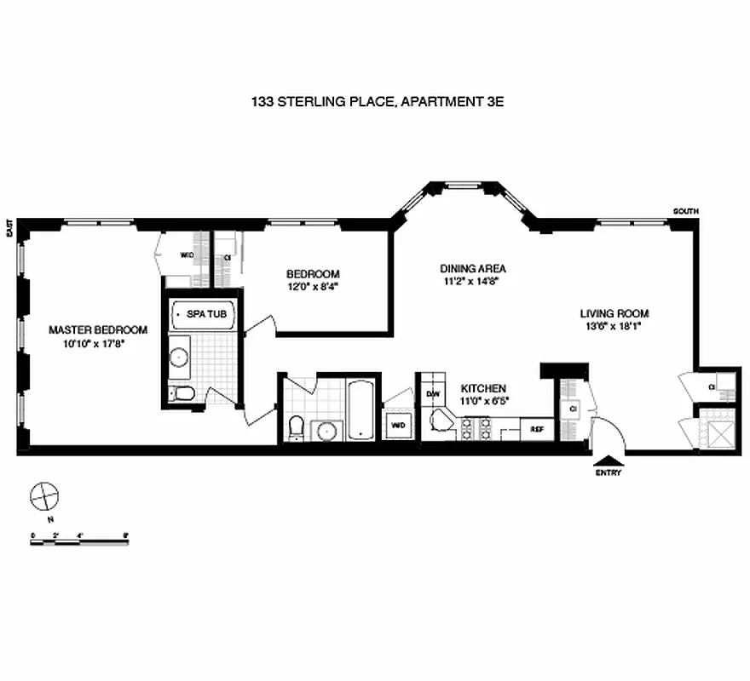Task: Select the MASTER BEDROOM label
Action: coord(98,330)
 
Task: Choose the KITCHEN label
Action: coord(484,388)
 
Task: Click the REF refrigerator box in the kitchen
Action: coord(537,429)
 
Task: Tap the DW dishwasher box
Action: coord(432,393)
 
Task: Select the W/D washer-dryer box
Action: coord(398,424)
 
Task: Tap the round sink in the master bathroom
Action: coord(180,356)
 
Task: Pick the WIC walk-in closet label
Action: coord(187,255)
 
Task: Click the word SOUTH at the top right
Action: coord(685,211)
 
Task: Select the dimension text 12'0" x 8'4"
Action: coord(313,287)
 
